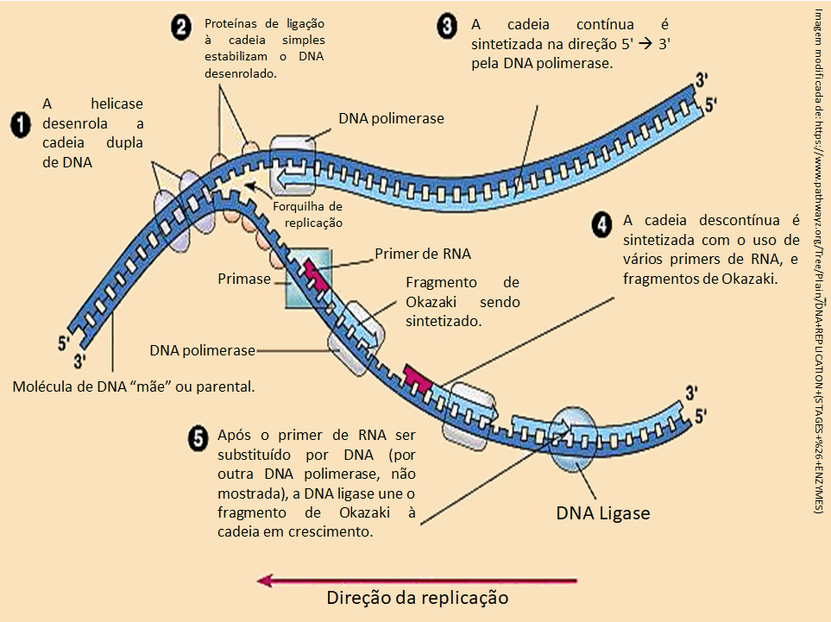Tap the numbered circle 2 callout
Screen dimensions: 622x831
(x=180, y=28)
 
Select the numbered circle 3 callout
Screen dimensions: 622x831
(x=447, y=28)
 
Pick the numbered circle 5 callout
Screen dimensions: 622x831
(x=197, y=437)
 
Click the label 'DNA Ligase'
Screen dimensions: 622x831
(x=602, y=512)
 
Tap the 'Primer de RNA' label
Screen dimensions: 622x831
(x=423, y=254)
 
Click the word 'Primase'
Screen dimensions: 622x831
(x=243, y=280)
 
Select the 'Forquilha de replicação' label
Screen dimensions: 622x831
(x=308, y=214)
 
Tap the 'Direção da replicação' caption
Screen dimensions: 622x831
(x=417, y=597)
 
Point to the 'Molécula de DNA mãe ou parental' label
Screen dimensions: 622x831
(x=134, y=386)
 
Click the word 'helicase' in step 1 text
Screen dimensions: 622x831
(x=117, y=104)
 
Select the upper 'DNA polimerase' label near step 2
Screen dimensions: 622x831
(x=391, y=119)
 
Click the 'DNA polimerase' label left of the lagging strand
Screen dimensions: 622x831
(x=202, y=350)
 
